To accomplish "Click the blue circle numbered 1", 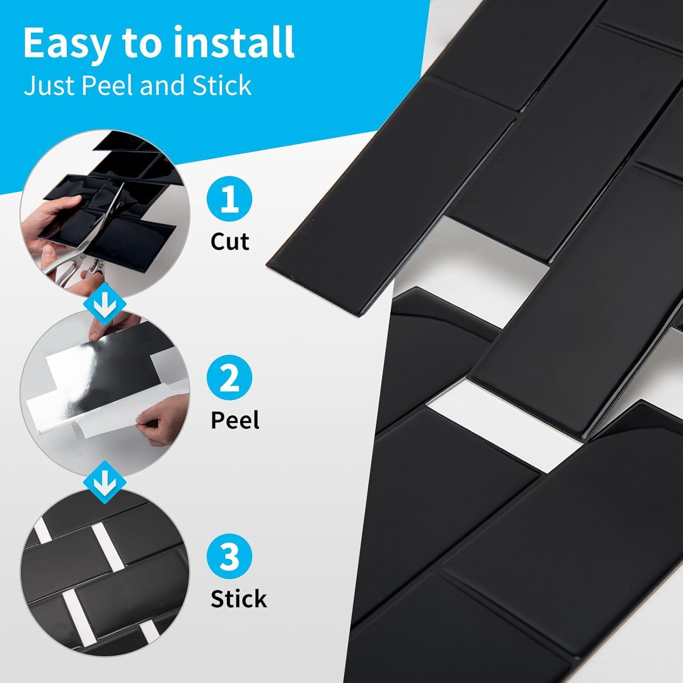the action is click(x=229, y=201).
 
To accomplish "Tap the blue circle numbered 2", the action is click(x=229, y=379).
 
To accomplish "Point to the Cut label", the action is click(x=229, y=241).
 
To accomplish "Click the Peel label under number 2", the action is click(x=235, y=420).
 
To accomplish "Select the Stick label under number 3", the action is click(x=239, y=599).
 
